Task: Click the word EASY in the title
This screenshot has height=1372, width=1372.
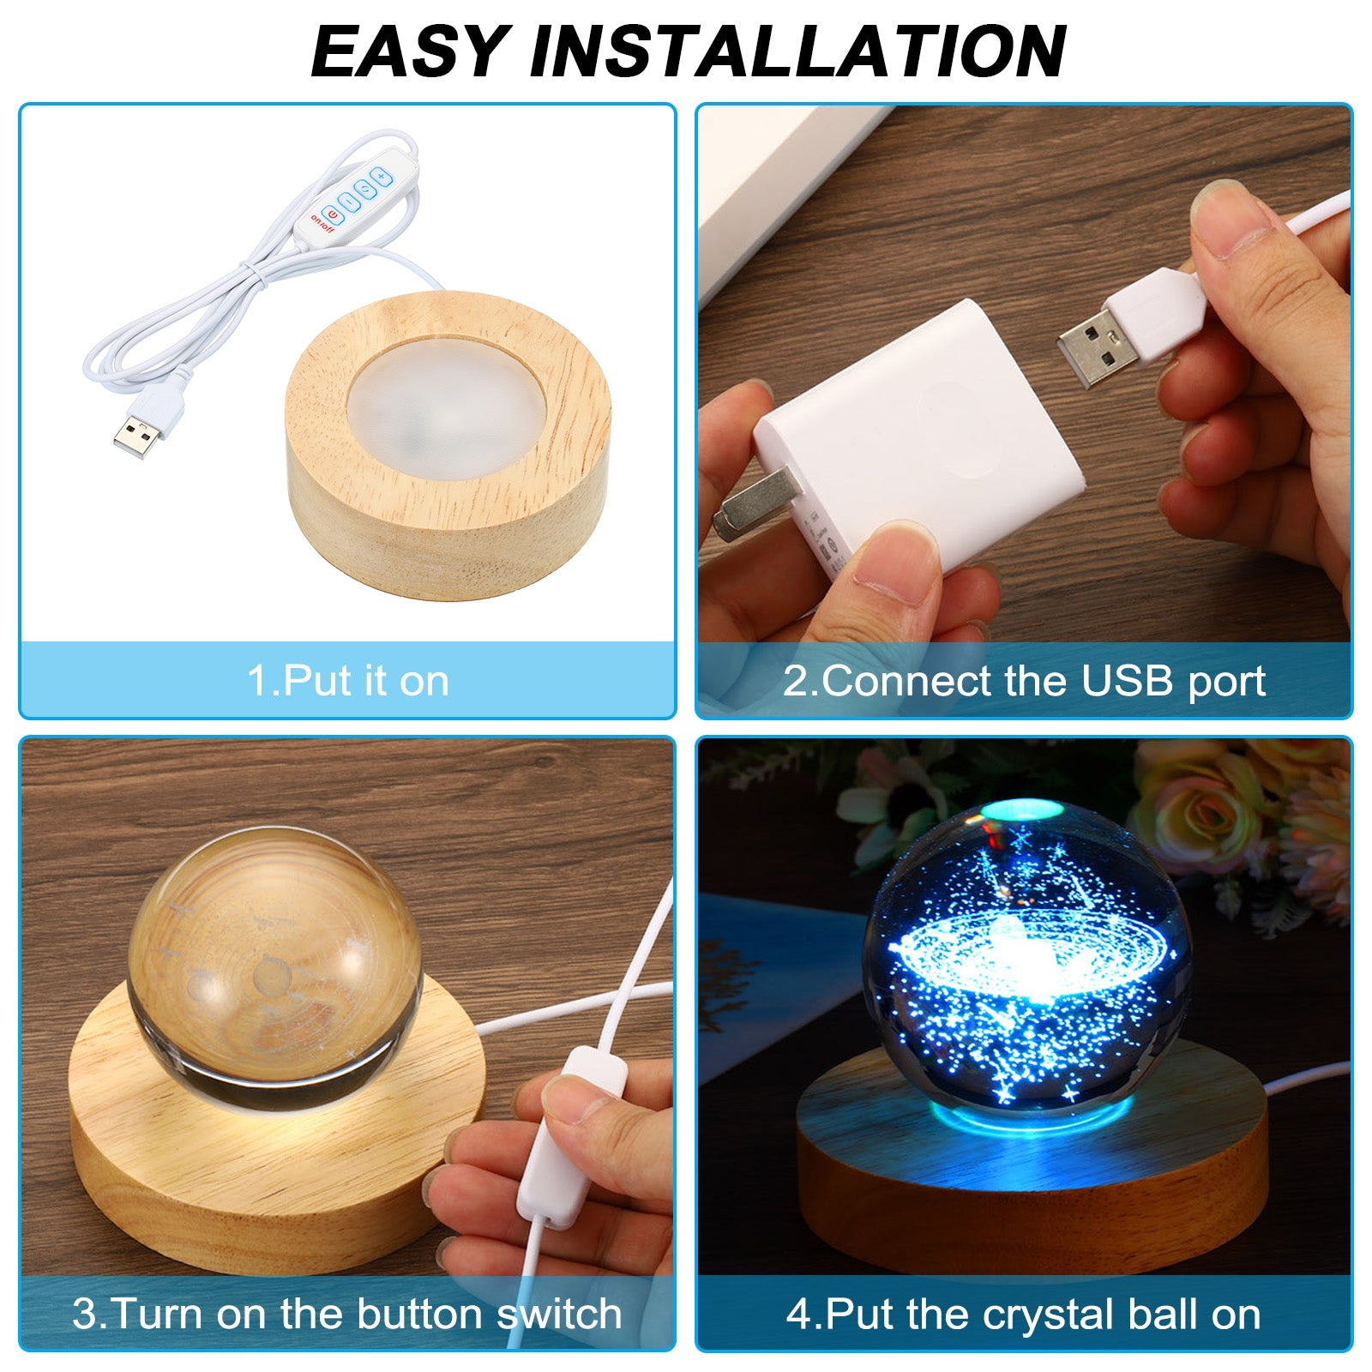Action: click(x=411, y=51)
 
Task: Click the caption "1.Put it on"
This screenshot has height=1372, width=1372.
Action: click(x=348, y=681)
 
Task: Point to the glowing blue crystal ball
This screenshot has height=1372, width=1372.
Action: click(x=1027, y=965)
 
